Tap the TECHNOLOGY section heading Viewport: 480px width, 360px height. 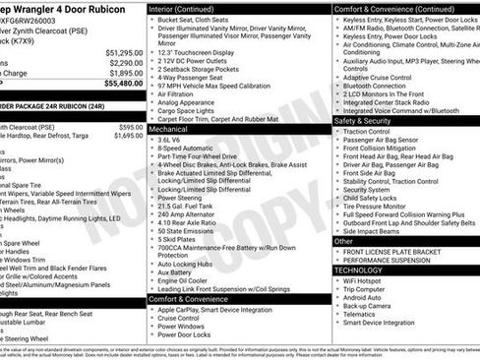[x=358, y=270]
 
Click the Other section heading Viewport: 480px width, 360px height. [x=343, y=240]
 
